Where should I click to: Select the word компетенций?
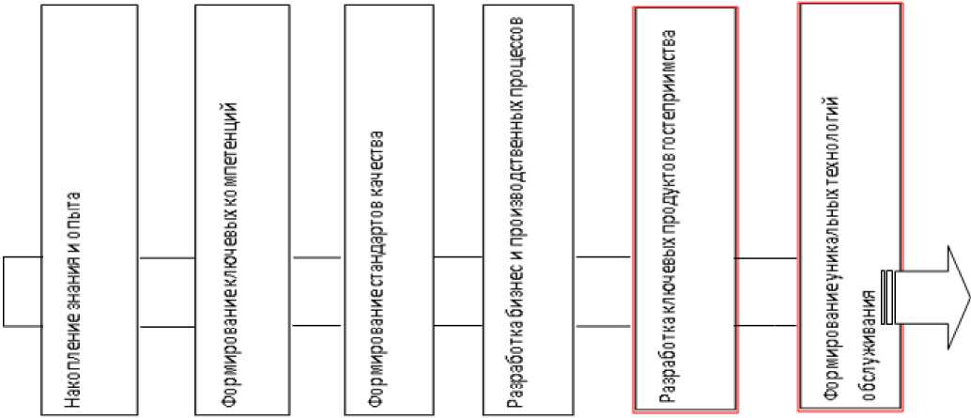(x=226, y=141)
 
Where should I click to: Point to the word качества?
(x=375, y=164)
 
